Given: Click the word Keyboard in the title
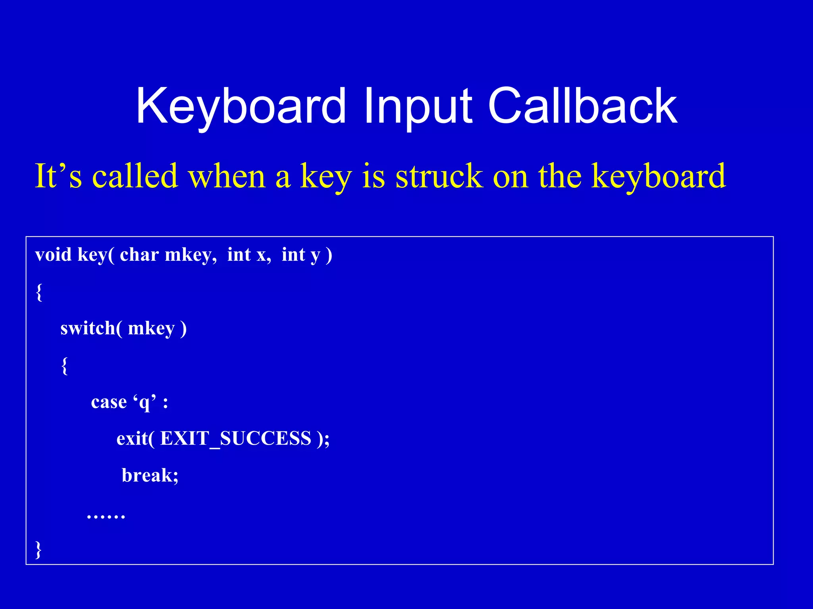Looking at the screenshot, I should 241,106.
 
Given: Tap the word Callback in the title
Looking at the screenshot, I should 582,106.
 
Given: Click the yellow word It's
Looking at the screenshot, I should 58,176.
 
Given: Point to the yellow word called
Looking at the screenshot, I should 135,176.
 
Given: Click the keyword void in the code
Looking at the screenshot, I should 53,254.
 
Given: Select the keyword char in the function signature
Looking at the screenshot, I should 139,254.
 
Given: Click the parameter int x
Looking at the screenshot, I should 249,254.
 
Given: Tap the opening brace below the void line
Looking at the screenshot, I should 39,292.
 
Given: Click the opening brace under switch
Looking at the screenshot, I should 64,365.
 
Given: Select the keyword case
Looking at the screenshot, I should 109,402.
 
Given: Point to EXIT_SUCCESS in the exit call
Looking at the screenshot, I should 235,439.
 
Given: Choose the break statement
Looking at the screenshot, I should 150,475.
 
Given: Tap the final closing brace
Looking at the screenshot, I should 39,549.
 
